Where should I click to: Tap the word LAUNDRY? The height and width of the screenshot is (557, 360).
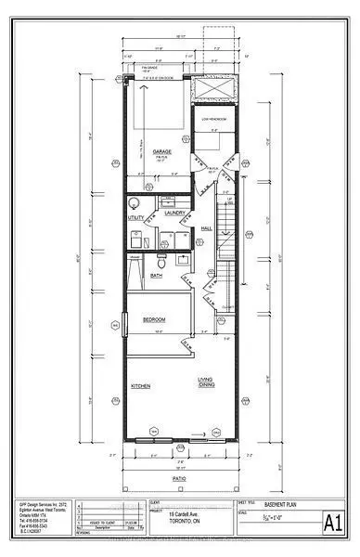point(175,213)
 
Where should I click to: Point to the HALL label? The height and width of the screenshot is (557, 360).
point(206,227)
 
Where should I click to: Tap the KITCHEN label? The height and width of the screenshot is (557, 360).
point(141,386)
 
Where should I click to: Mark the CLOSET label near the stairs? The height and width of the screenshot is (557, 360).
point(225,305)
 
